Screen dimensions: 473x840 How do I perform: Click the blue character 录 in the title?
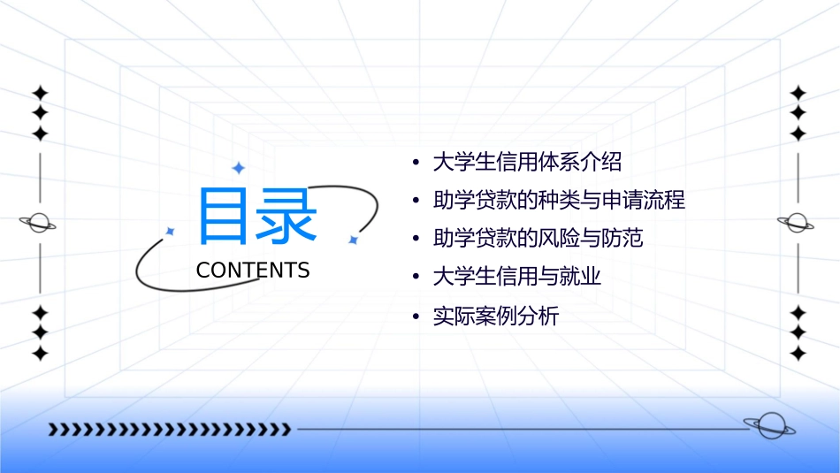286,216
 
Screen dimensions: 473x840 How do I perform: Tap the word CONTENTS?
253,271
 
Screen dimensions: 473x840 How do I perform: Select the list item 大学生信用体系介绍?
527,162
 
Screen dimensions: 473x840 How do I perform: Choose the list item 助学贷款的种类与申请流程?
559,200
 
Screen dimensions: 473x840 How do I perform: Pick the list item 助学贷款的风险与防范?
538,239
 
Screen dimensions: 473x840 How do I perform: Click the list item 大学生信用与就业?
516,277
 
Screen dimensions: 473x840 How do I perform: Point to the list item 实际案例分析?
495,316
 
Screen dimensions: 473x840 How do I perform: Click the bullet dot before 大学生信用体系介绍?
416,163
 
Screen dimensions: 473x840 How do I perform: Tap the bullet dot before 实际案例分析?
416,317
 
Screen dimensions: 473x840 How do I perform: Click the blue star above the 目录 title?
237,167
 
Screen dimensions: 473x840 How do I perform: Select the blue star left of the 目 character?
170,231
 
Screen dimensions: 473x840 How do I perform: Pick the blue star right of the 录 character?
352,240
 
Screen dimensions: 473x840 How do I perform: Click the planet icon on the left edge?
38,223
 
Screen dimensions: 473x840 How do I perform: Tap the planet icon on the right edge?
798,223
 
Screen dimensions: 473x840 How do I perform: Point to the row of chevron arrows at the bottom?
169,430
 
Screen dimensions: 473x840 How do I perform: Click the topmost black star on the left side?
39,92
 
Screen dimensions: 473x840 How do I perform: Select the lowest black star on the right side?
798,354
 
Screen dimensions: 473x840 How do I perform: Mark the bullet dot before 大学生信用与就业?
416,278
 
